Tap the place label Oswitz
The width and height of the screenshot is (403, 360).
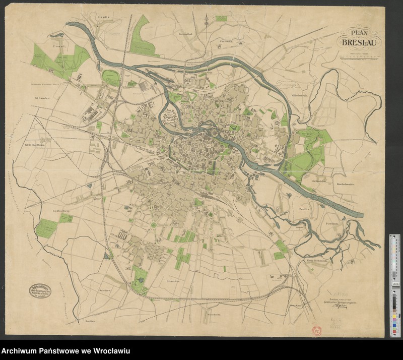point(104,18)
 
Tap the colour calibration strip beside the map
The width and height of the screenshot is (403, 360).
point(393,285)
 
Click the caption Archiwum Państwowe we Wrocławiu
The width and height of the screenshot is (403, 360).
point(65,351)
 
